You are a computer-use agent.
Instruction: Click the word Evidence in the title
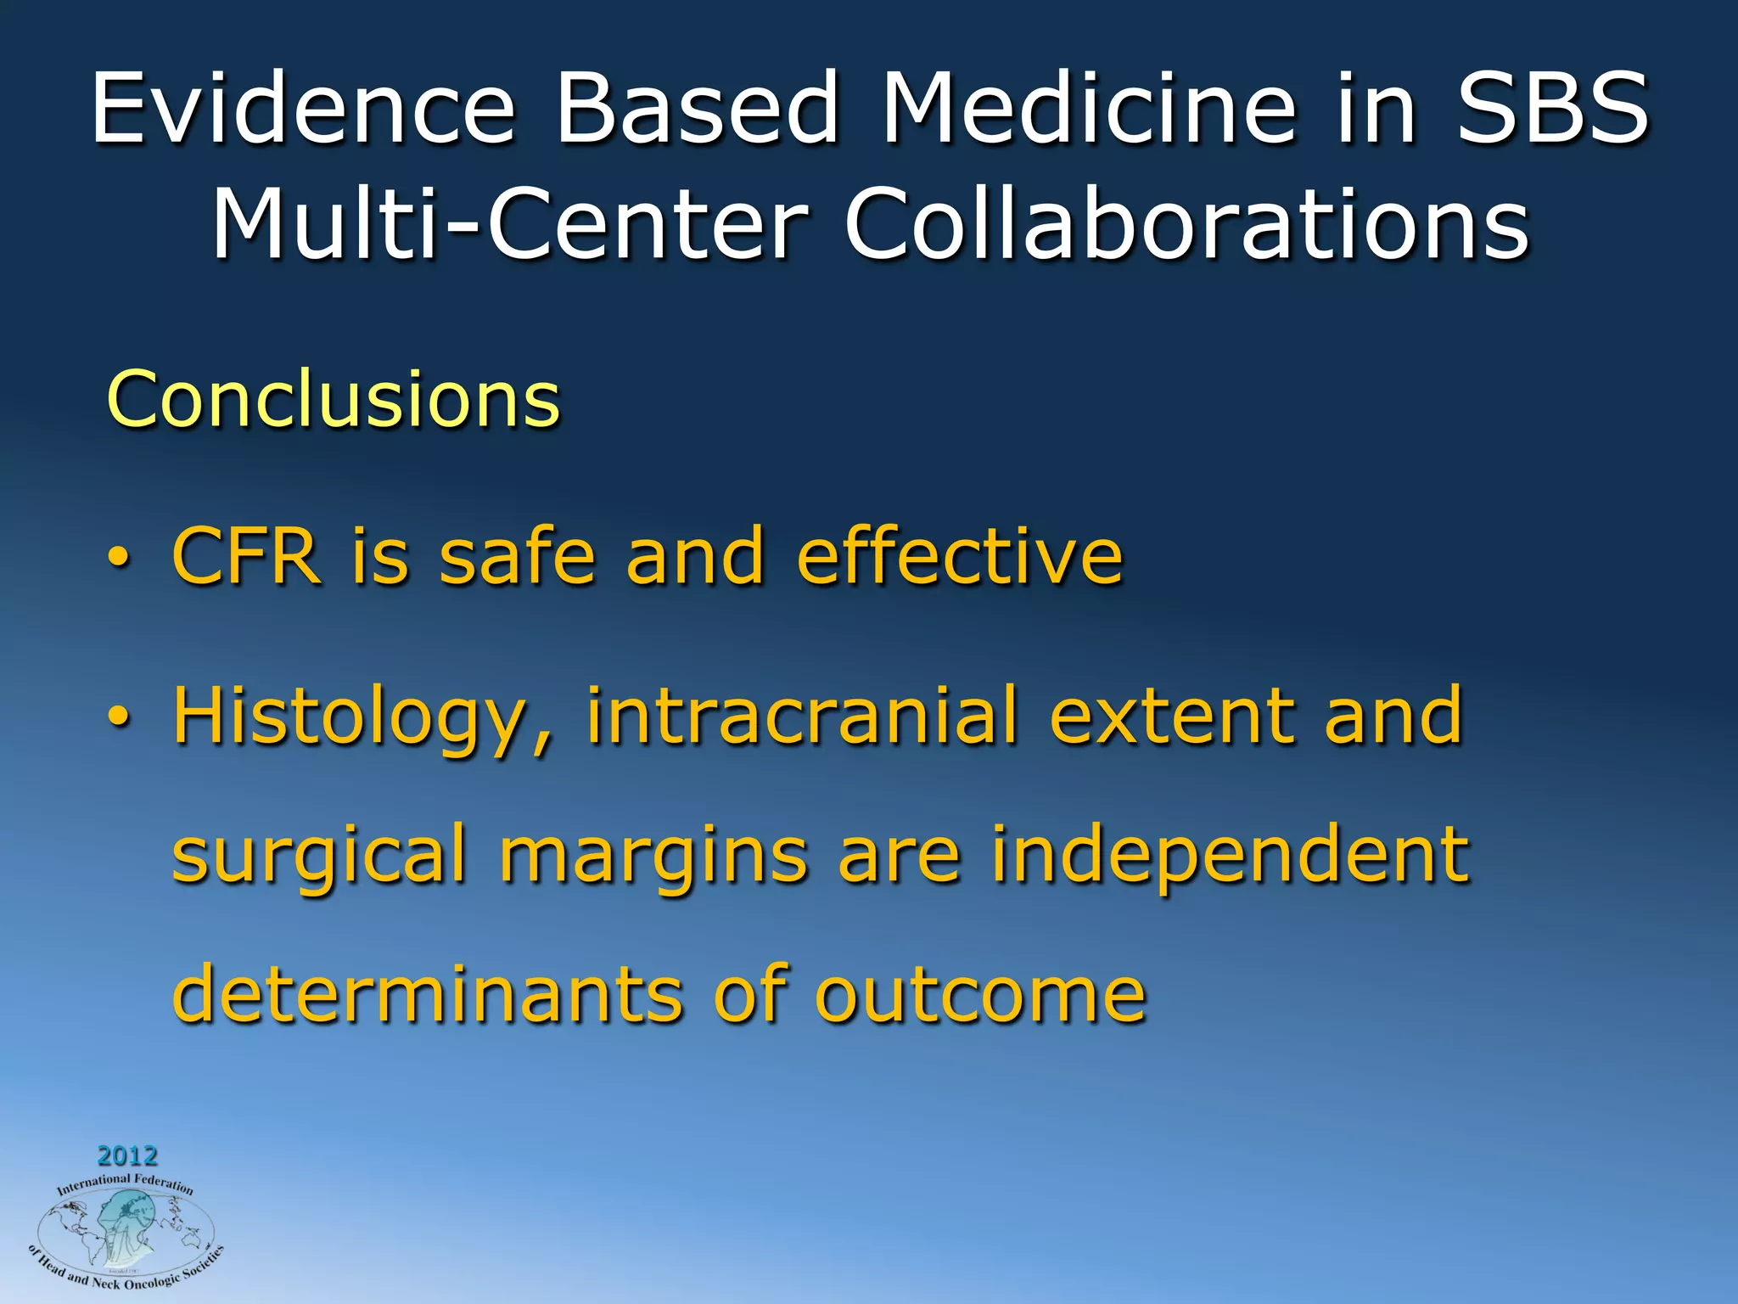click(x=303, y=109)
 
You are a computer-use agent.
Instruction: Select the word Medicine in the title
click(x=1090, y=109)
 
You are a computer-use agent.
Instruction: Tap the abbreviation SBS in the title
click(x=1552, y=109)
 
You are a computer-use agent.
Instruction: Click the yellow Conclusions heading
click(x=334, y=399)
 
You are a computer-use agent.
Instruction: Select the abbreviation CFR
click(x=246, y=556)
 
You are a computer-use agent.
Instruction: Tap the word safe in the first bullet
click(x=517, y=556)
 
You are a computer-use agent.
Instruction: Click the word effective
click(x=960, y=556)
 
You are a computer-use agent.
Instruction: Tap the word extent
click(x=1172, y=716)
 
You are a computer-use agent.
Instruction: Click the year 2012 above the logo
click(x=127, y=1155)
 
